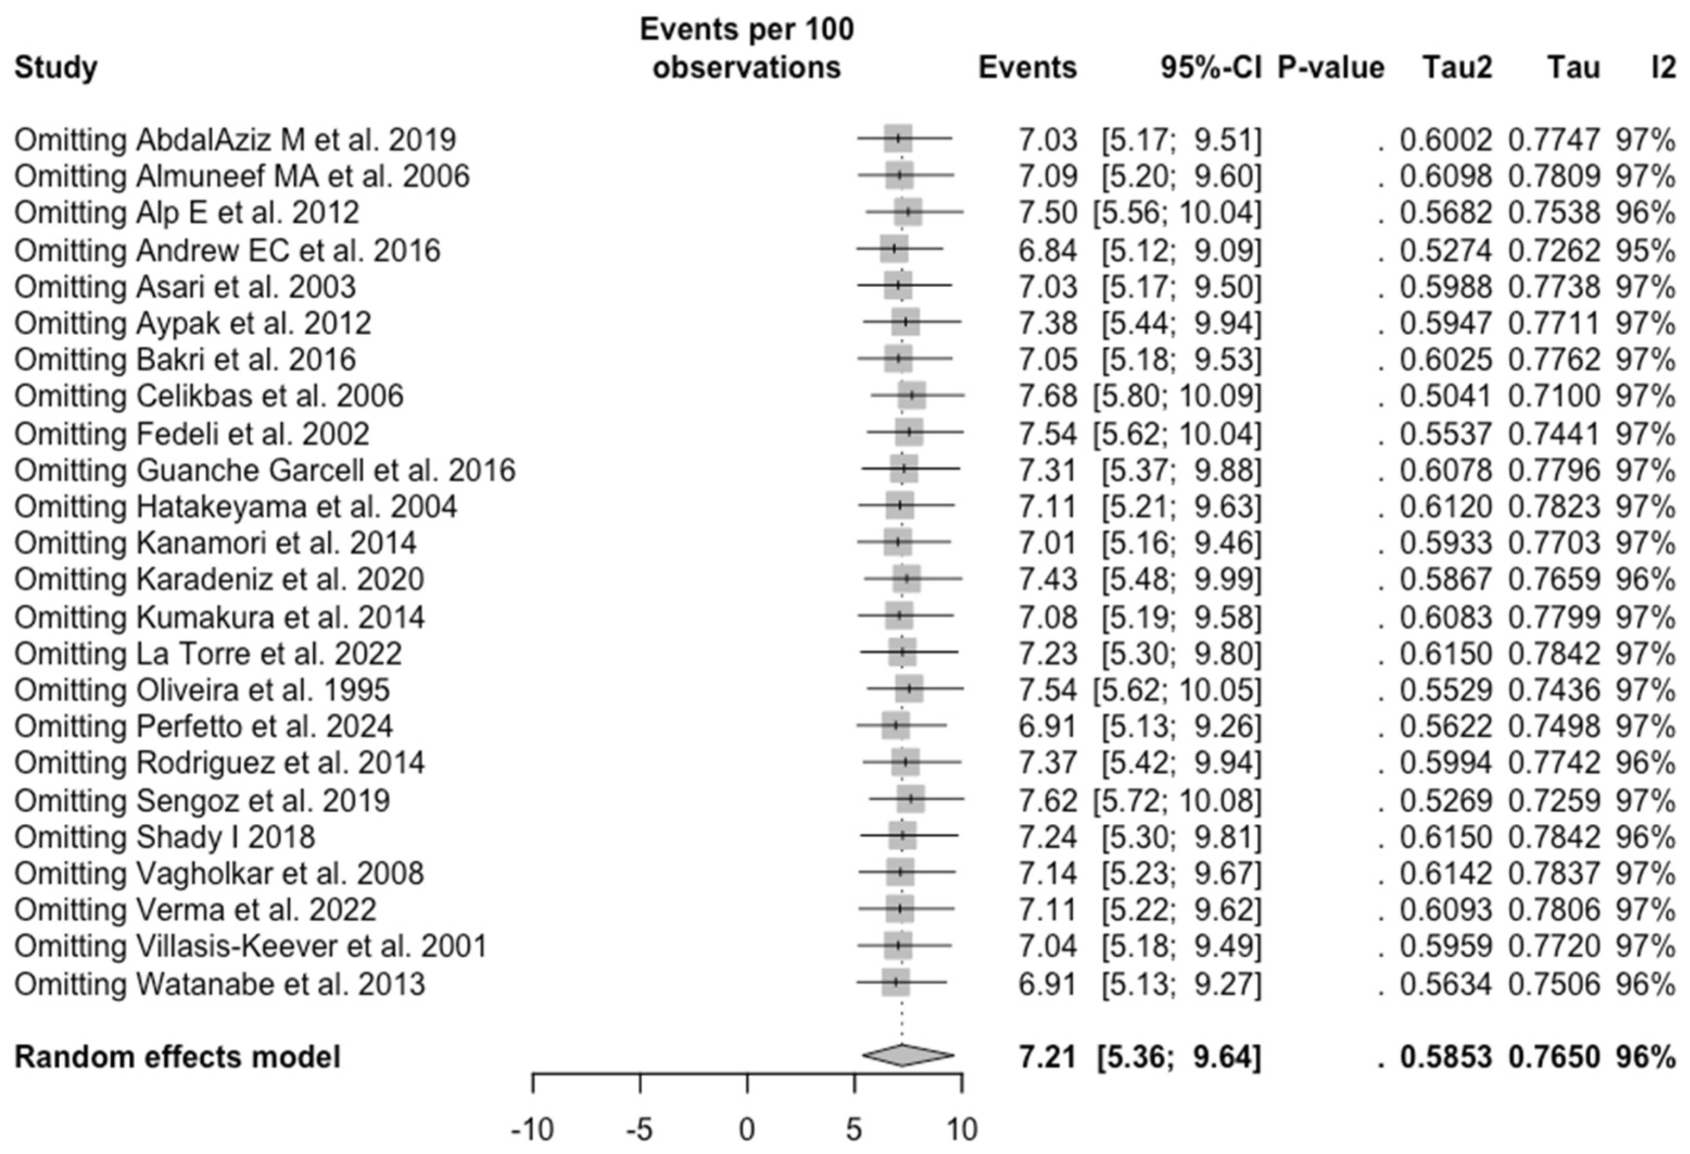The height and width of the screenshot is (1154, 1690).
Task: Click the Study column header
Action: click(56, 68)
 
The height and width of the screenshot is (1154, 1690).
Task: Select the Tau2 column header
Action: click(1457, 68)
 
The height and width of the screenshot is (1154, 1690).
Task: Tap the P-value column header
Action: click(1331, 68)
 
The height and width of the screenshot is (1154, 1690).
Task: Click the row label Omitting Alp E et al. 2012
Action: click(187, 212)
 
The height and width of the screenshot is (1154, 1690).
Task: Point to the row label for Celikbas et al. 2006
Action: click(208, 396)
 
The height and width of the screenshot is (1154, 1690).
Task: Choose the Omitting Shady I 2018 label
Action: click(165, 837)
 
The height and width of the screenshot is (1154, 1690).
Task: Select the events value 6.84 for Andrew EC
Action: click(1047, 250)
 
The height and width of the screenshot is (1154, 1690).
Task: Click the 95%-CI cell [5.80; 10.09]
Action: click(1176, 396)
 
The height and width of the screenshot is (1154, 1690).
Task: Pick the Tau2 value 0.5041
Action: click(1446, 396)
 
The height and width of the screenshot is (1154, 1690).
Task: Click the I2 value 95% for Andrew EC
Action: click(1645, 250)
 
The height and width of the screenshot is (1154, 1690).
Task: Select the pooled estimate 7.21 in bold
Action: click(1047, 1057)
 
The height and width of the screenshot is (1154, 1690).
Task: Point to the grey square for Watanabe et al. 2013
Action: click(896, 982)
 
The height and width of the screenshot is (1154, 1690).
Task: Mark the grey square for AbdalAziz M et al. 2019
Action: click(899, 138)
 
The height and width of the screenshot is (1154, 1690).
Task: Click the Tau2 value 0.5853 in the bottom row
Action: click(1446, 1057)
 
